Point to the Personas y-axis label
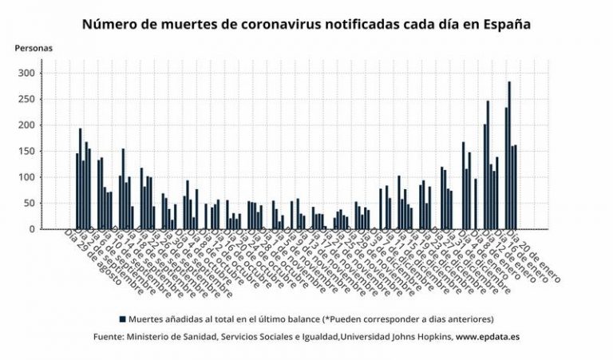pyautogui.click(x=34, y=48)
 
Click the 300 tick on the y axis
pyautogui.click(x=27, y=73)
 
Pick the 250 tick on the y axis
pyautogui.click(x=27, y=99)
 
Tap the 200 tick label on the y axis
pyautogui.click(x=27, y=125)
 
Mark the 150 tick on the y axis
pyautogui.click(x=27, y=151)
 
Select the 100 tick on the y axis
pyautogui.click(x=27, y=177)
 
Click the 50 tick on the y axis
pyautogui.click(x=30, y=203)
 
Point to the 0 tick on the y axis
pyautogui.click(x=32, y=229)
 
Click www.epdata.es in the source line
pyautogui.click(x=488, y=337)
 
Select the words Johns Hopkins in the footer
pyautogui.click(x=417, y=337)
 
